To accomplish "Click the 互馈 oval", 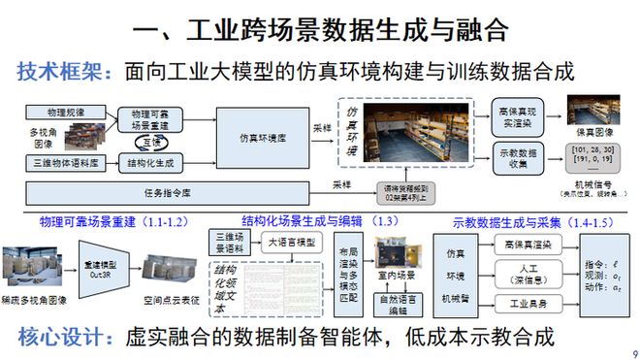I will [149, 142].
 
